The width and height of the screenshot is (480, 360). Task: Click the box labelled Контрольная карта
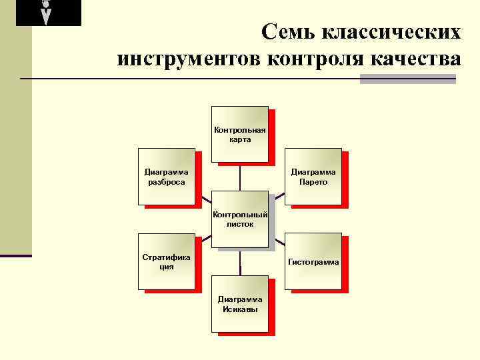point(239,134)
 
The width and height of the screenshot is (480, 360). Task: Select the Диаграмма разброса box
point(166,176)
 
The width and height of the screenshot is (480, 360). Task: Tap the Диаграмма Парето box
point(313,176)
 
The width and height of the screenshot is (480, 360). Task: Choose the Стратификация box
point(166,261)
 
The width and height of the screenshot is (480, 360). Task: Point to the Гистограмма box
point(313,261)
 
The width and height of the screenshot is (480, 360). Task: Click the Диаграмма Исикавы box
point(239,303)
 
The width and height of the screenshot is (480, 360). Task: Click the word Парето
point(313,182)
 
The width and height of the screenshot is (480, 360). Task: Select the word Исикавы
point(240,309)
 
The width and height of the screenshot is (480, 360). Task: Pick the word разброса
point(166,182)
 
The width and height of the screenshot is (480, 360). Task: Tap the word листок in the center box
point(240,225)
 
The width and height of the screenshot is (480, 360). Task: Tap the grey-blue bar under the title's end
point(407,79)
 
